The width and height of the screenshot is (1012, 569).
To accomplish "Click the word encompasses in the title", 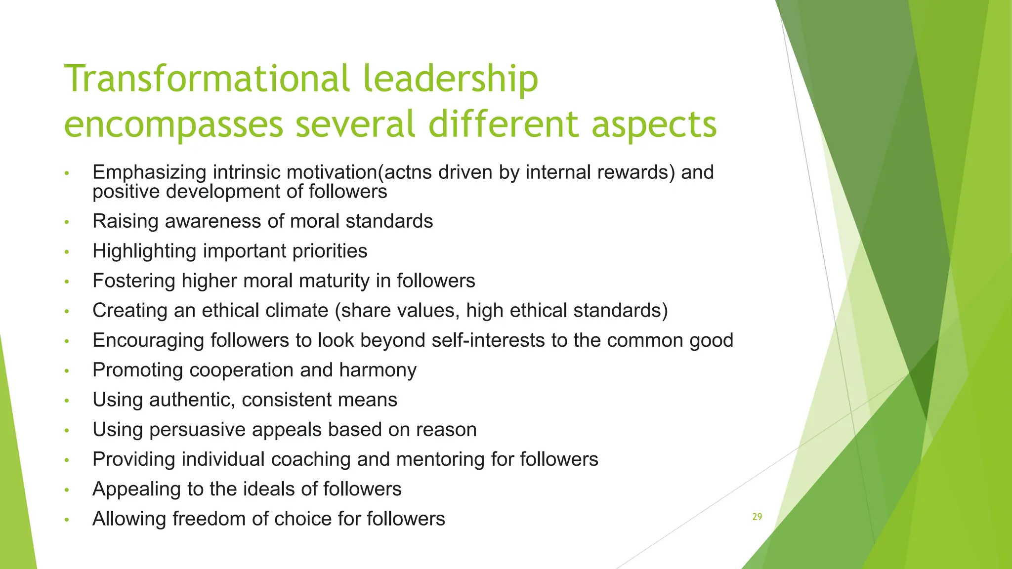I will (173, 124).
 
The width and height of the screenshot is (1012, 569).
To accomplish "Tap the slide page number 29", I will (757, 517).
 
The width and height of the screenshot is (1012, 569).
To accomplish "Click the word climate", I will (297, 311).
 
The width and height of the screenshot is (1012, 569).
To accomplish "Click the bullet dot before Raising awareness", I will (67, 222).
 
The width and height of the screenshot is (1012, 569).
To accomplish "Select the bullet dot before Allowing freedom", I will (67, 520).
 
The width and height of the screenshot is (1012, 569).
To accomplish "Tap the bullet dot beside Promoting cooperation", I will (67, 371).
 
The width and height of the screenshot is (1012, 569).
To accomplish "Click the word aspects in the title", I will (654, 124).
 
